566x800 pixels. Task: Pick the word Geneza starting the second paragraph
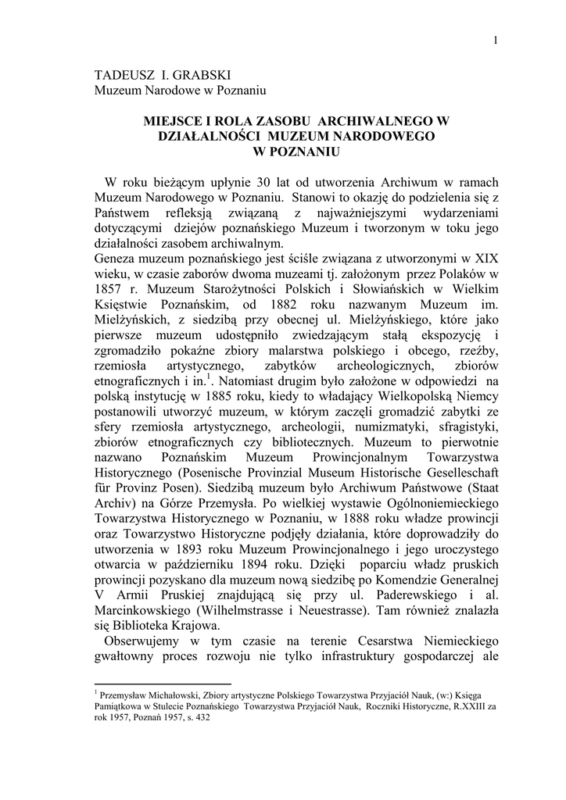click(114, 256)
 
